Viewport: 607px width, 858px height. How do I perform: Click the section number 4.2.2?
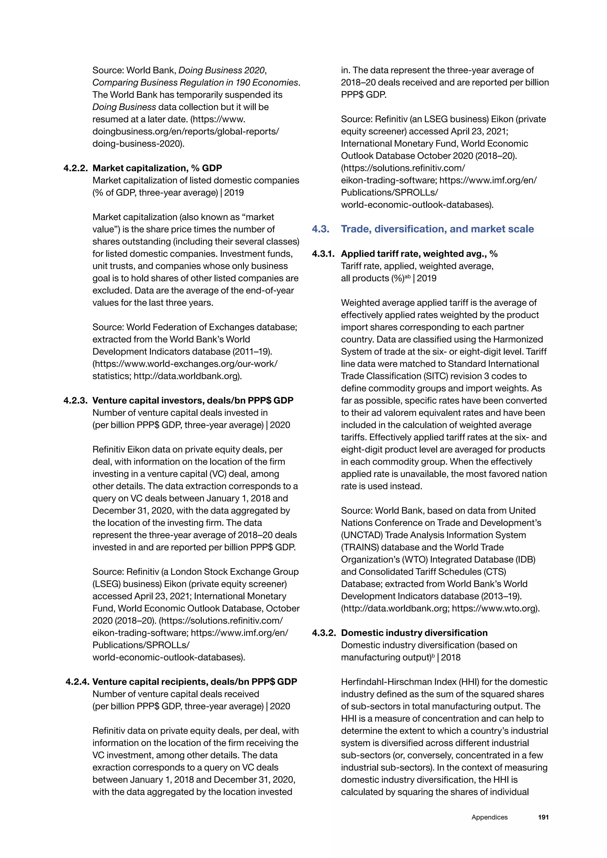(x=76, y=168)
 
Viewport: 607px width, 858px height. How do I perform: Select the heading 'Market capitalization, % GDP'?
(x=157, y=168)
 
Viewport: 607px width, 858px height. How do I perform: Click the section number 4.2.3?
(x=76, y=401)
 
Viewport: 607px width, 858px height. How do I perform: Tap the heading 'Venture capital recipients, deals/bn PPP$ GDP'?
(x=194, y=682)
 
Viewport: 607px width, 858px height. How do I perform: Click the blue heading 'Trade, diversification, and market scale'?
(x=437, y=229)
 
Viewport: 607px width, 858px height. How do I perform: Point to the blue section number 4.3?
(x=321, y=229)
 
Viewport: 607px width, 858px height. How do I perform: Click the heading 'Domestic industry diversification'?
(x=414, y=633)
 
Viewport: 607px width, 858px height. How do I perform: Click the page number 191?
(x=543, y=817)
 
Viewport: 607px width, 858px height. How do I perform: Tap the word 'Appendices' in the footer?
(x=489, y=817)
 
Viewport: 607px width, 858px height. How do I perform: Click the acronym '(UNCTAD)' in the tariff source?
(x=361, y=535)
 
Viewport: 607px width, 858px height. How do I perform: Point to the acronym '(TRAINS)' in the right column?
(x=359, y=548)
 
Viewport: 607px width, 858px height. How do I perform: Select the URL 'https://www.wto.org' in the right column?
(x=494, y=608)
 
